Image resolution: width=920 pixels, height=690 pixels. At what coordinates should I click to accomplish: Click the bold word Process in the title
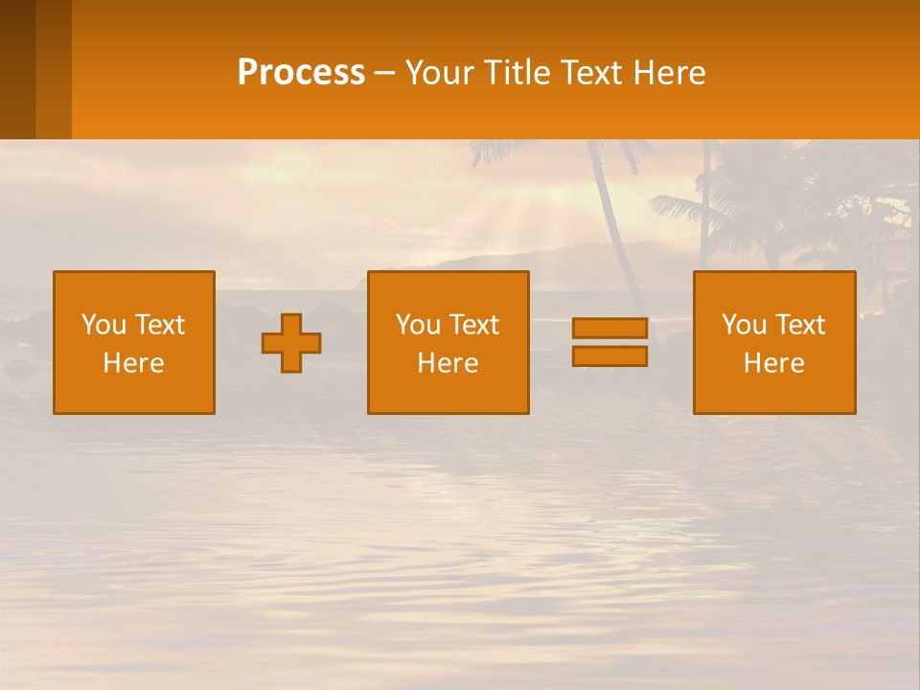click(x=301, y=73)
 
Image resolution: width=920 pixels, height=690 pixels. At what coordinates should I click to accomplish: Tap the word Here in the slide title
click(x=669, y=73)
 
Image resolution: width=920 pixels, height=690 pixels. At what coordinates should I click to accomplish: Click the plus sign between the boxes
click(x=291, y=343)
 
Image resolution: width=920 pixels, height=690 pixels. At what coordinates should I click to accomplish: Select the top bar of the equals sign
click(x=609, y=329)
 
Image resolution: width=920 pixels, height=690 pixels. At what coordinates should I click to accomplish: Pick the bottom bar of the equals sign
click(x=609, y=356)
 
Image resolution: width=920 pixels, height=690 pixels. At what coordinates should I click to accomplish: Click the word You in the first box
click(x=103, y=325)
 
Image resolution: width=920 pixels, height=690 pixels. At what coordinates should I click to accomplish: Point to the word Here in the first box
click(x=134, y=363)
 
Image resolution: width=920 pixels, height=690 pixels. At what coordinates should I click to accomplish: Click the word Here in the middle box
click(x=448, y=363)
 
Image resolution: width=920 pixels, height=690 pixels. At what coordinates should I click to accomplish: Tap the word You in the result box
click(x=744, y=325)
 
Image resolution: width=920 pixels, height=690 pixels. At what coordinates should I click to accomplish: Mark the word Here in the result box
click(x=774, y=363)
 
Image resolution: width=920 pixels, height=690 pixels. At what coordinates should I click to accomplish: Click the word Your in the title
click(x=440, y=73)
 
